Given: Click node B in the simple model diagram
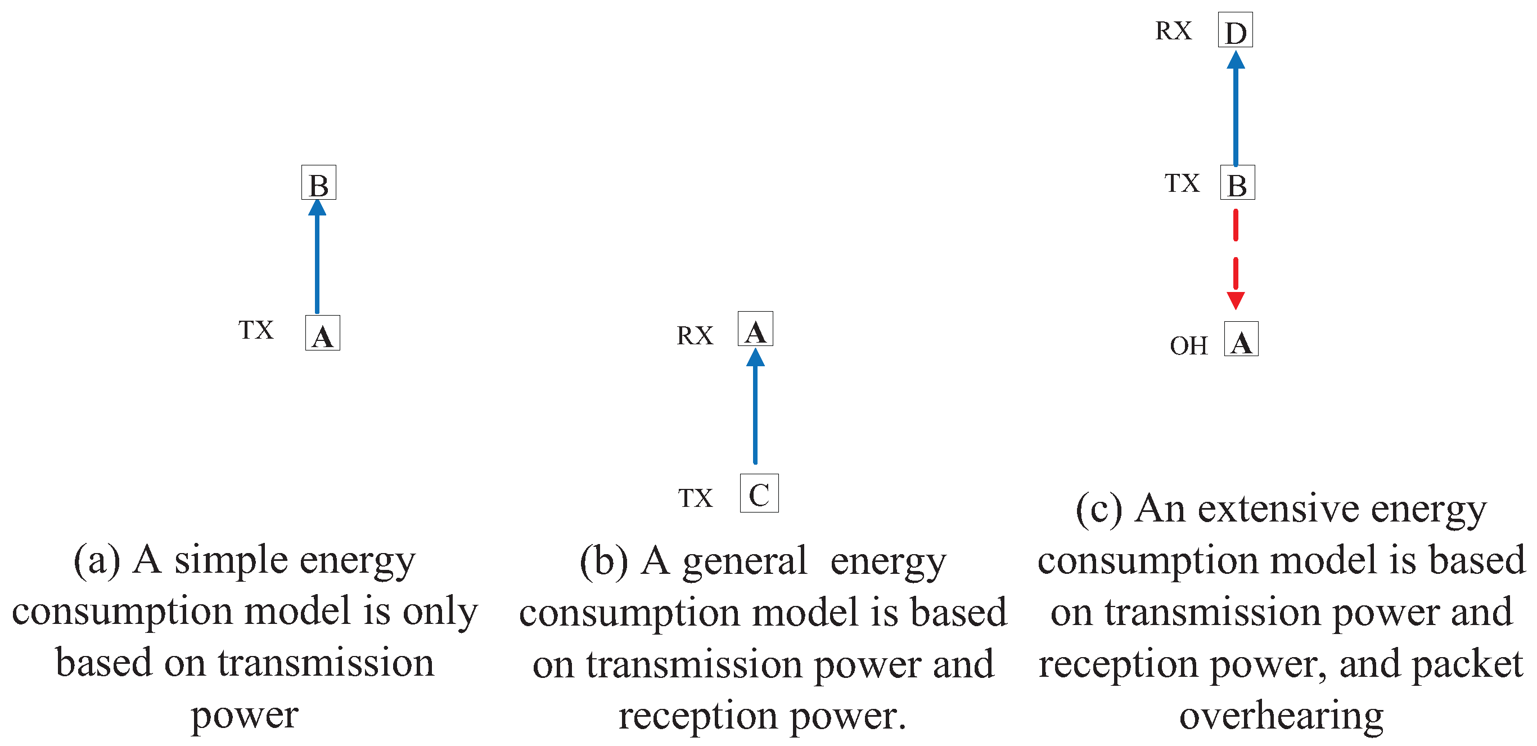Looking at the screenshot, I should point(319,183).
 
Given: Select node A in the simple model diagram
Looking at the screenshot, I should point(322,333).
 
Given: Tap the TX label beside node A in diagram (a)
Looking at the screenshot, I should point(256,330).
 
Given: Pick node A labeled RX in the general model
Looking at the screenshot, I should point(755,329).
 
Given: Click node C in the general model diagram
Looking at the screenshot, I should point(759,493).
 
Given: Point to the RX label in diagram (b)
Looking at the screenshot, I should point(695,336).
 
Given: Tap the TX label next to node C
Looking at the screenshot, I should point(695,498).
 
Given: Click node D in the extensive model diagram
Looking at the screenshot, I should point(1235,30).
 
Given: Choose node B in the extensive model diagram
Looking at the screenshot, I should point(1237,183).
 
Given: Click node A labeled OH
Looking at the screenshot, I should point(1241,339).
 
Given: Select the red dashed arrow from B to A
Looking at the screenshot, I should point(1236,257).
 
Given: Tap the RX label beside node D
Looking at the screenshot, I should point(1174,31).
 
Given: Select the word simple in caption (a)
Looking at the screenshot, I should point(231,561).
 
